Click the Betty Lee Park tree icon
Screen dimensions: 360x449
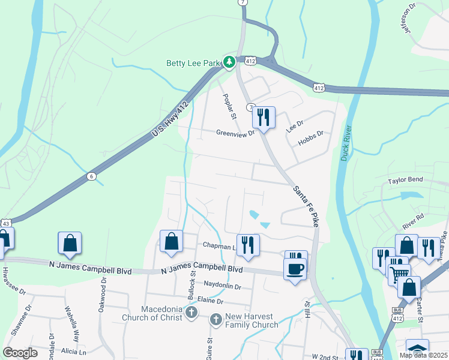click(229, 61)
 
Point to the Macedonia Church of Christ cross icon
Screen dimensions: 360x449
click(191, 312)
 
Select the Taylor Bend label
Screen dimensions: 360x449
click(405, 180)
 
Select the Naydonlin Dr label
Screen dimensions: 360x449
click(221, 287)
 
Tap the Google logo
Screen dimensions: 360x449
click(20, 353)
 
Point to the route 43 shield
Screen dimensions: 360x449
click(4, 223)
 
